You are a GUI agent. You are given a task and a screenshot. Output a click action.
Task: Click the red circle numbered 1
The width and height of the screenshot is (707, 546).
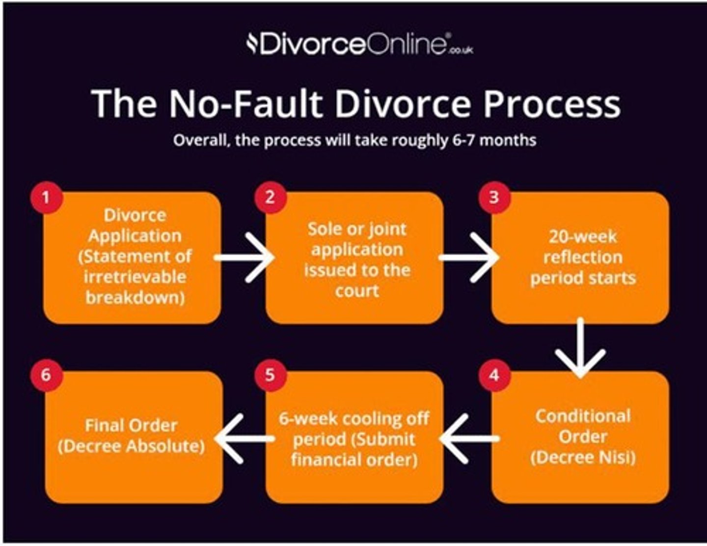coord(46,198)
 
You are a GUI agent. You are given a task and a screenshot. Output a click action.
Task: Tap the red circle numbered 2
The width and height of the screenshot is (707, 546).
coord(270,198)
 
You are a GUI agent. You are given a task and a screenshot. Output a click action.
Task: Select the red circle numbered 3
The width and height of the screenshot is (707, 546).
coord(494,198)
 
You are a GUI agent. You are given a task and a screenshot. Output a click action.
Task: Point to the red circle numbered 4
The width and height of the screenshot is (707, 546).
coord(494,375)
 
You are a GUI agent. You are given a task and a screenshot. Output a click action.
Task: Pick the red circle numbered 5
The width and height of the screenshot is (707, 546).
coord(270,375)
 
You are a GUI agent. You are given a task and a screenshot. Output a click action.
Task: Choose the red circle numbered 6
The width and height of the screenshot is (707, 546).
coord(46,375)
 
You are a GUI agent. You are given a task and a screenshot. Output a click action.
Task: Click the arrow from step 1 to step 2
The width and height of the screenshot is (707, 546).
coord(244,257)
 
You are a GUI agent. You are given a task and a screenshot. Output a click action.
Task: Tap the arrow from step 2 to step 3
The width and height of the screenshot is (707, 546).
coord(468,257)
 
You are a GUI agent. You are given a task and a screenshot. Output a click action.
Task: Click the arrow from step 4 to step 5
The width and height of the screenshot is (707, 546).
coord(469,438)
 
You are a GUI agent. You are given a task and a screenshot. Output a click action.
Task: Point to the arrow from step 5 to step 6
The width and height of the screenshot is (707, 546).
coord(244,438)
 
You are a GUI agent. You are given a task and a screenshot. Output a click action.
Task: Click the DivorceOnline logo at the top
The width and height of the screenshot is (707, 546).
coord(359,45)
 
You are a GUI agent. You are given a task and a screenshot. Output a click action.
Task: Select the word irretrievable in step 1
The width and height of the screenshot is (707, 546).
coord(135,277)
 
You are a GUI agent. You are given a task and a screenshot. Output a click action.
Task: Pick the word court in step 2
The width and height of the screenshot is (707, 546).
coord(357,291)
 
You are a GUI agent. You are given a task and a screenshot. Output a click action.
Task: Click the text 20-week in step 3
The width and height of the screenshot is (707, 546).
coord(582,237)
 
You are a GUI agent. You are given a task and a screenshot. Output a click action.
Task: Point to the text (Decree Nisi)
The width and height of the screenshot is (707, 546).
coord(583,458)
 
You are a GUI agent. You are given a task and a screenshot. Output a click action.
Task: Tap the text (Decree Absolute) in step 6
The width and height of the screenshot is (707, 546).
coord(131,446)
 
